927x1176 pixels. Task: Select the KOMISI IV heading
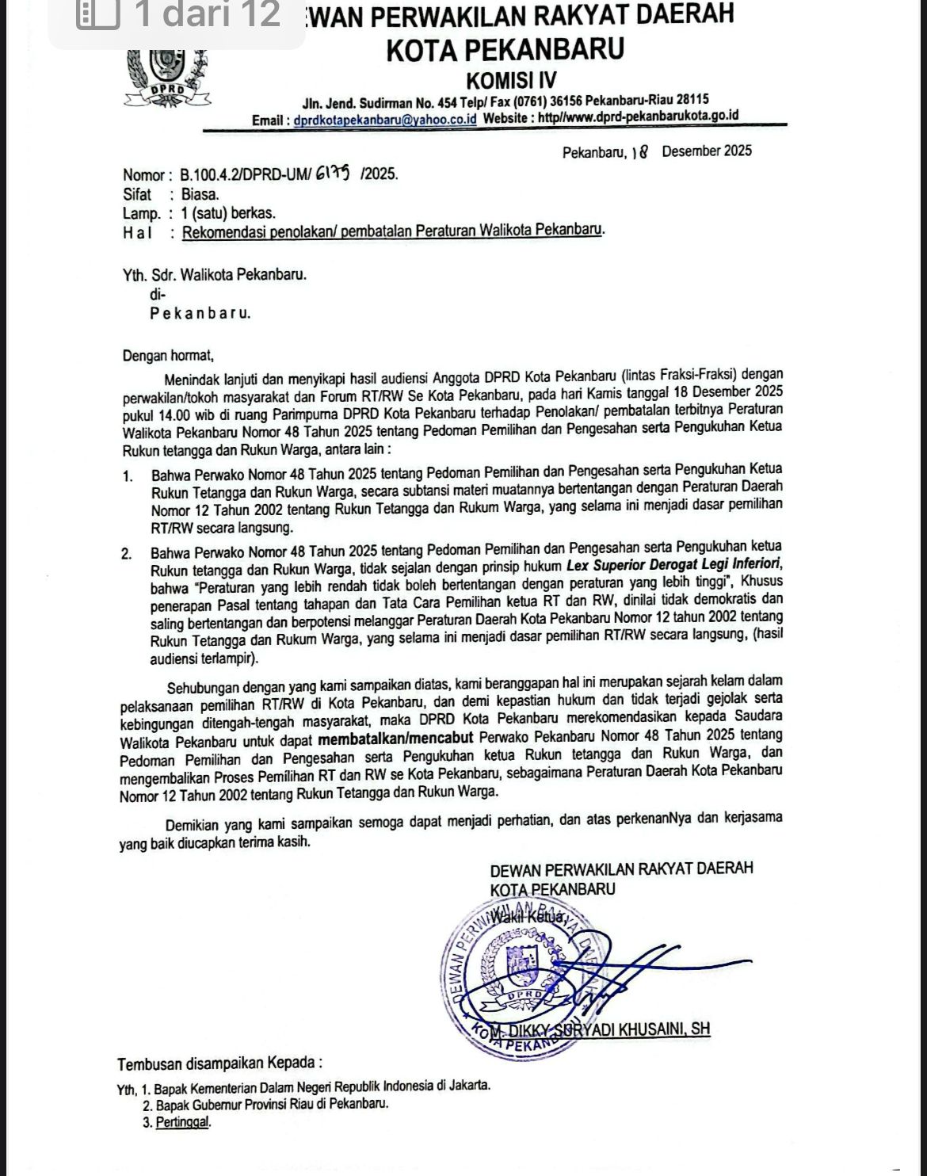click(511, 80)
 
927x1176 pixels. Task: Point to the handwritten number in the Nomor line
click(338, 173)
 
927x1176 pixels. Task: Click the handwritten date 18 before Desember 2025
click(640, 151)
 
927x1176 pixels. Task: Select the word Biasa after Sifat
click(200, 194)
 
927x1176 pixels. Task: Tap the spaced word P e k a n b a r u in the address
click(200, 313)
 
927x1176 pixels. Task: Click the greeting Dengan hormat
click(168, 357)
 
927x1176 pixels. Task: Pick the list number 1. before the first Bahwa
click(128, 477)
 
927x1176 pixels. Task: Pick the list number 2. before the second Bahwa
click(127, 555)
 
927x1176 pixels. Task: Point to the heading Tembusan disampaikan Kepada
click(220, 1063)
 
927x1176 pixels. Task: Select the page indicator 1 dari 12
click(208, 15)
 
